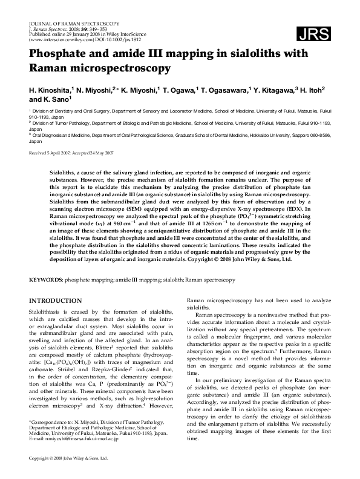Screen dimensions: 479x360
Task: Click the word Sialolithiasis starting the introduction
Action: (50, 310)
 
